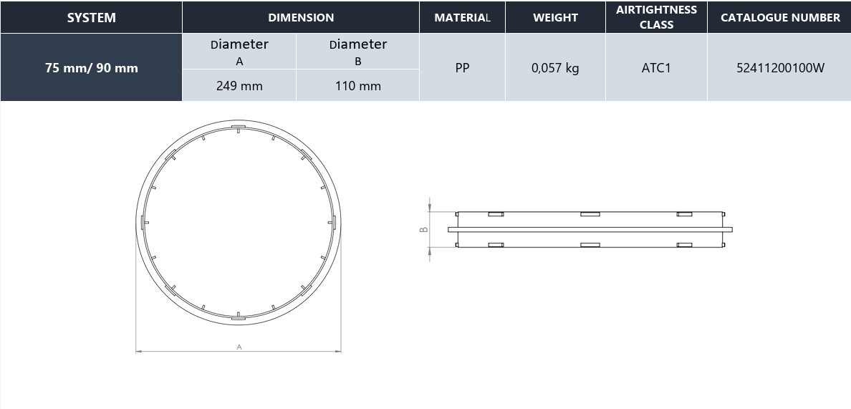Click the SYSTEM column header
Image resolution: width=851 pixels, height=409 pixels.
(x=91, y=17)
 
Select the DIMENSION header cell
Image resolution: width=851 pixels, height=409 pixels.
(x=301, y=17)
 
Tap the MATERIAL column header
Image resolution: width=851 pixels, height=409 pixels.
(x=463, y=17)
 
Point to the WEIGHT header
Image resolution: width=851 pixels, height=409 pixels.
(x=555, y=17)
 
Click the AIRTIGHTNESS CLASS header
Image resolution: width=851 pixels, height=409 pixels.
(x=656, y=17)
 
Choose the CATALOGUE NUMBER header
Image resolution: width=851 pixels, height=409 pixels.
(x=780, y=17)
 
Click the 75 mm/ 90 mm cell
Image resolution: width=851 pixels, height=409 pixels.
(x=91, y=68)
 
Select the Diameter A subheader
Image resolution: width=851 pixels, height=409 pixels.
(x=239, y=52)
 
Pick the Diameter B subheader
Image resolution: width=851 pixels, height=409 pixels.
(x=357, y=52)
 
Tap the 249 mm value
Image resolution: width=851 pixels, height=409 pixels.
(x=239, y=86)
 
